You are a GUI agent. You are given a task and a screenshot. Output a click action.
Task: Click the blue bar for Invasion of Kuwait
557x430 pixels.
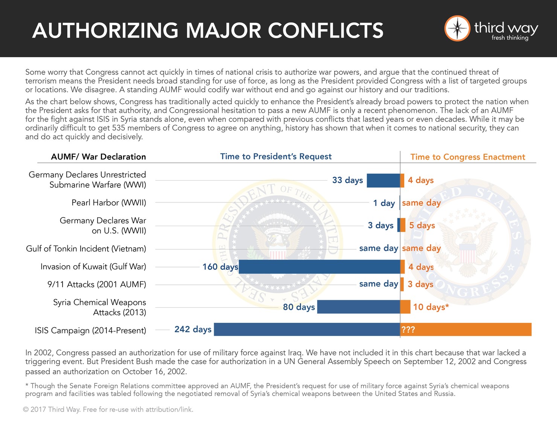[319, 267]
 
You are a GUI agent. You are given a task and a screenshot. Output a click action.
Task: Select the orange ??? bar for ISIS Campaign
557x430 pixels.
[466, 330]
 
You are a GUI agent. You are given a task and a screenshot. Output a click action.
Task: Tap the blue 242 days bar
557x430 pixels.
[307, 330]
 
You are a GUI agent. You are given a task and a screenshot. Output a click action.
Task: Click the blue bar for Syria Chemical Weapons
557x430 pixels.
[358, 307]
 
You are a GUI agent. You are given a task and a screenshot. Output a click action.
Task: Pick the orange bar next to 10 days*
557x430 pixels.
[405, 307]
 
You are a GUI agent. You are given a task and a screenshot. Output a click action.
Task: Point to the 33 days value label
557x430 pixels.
[347, 180]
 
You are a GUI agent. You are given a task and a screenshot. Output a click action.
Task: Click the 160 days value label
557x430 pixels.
[220, 267]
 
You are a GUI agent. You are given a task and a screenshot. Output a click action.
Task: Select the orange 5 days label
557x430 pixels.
[422, 225]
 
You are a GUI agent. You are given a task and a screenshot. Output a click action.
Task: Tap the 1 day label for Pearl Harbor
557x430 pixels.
[384, 203]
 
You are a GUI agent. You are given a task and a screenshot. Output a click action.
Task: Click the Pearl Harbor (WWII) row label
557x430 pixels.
[109, 203]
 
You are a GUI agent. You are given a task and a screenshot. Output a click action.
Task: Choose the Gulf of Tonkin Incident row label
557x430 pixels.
[86, 249]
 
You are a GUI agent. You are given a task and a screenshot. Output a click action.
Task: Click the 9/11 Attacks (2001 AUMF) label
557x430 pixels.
[97, 284]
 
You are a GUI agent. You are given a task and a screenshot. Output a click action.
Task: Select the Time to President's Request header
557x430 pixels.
[276, 157]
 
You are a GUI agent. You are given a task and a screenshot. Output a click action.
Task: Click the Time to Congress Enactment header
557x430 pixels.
[467, 157]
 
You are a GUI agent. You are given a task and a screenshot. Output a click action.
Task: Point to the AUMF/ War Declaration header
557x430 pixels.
[98, 157]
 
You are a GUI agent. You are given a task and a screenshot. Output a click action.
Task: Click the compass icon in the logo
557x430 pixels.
[457, 28]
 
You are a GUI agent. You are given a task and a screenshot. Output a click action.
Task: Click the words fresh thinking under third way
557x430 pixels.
[510, 38]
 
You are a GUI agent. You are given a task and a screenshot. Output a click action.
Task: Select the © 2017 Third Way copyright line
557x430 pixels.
[108, 409]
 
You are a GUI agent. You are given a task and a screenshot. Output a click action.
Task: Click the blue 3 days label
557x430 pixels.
[380, 225]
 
